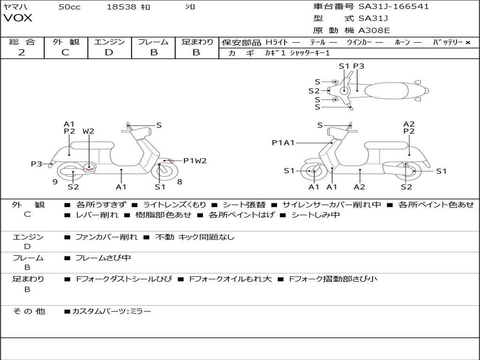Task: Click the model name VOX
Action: pyautogui.click(x=18, y=18)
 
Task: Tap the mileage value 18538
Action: pyautogui.click(x=121, y=7)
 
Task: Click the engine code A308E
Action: pyautogui.click(x=374, y=30)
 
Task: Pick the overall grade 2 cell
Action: pyautogui.click(x=22, y=52)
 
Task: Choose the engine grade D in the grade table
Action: pyautogui.click(x=109, y=52)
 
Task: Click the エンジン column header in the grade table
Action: pyautogui.click(x=109, y=42)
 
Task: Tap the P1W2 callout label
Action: pyautogui.click(x=195, y=161)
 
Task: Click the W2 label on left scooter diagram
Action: pyautogui.click(x=88, y=131)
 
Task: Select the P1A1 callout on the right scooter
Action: pyautogui.click(x=283, y=142)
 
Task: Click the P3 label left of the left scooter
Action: pyautogui.click(x=37, y=164)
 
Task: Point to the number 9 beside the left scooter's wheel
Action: pyautogui.click(x=55, y=182)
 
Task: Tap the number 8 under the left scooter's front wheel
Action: pyautogui.click(x=180, y=182)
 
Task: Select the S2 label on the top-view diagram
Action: pyautogui.click(x=314, y=91)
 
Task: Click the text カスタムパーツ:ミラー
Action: pyautogui.click(x=112, y=311)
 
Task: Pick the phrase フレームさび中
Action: pyautogui.click(x=103, y=258)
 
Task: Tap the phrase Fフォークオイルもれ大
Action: pyautogui.click(x=230, y=279)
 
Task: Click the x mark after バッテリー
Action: pyautogui.click(x=468, y=42)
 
